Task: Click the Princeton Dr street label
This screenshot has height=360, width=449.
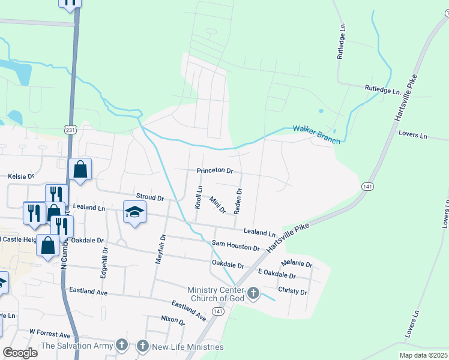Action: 214,171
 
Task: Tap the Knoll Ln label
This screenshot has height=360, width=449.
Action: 197,196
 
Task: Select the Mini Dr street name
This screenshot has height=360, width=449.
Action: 217,205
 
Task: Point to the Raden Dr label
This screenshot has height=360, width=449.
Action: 238,200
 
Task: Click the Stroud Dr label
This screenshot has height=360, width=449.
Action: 150,197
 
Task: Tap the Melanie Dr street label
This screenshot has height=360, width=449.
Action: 297,264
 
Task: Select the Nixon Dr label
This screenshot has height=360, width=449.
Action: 173,320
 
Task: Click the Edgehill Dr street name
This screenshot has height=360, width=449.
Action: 104,259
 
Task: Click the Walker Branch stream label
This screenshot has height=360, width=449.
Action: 316,134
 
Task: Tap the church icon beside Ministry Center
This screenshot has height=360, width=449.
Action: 253,293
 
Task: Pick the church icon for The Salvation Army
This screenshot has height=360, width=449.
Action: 122,345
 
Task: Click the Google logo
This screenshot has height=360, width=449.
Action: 20,353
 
